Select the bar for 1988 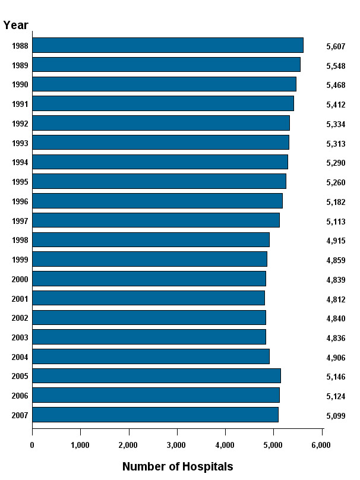[x=168, y=45]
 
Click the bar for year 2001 [x=149, y=298]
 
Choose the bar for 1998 [x=151, y=239]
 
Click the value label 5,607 [x=336, y=46]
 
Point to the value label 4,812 [x=336, y=299]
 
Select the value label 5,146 [x=336, y=377]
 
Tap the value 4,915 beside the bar [x=336, y=241]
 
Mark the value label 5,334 [x=336, y=124]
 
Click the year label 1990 [x=20, y=85]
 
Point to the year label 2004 [x=20, y=358]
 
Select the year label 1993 [x=20, y=143]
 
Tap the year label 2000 [x=20, y=280]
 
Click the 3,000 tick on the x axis [x=176, y=445]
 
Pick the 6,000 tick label [x=321, y=445]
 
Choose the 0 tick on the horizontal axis [x=32, y=445]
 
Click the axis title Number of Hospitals [x=177, y=466]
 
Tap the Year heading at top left [x=15, y=25]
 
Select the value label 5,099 [x=336, y=416]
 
